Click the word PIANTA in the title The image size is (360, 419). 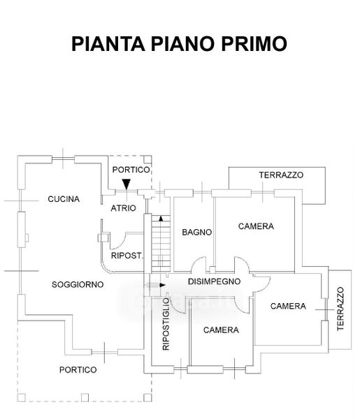coord(108,43)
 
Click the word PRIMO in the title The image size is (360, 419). coord(254,43)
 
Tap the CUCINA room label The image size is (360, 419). coord(64,199)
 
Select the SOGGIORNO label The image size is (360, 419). coord(78,285)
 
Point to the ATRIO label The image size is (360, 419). coord(123,208)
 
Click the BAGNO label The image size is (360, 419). coord(197,233)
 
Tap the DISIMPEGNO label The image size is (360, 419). coord(214,281)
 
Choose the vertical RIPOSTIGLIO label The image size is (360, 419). coord(166,324)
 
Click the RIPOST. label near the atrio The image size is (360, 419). coord(127,256)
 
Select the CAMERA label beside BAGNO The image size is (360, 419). coord(256,226)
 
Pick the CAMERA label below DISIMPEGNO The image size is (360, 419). coord(221,330)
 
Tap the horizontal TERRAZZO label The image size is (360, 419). coord(281,175)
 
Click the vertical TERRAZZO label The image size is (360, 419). coord(340,309)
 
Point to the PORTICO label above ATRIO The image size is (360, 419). coord(131,170)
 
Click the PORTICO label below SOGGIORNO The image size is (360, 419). coord(78,370)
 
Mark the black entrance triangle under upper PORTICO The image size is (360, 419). coord(127,184)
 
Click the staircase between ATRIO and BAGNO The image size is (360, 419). coord(161,244)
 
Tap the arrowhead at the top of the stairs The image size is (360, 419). coord(161,219)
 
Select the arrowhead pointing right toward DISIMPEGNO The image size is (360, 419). coord(162,285)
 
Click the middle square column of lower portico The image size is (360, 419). coord(85,397)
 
